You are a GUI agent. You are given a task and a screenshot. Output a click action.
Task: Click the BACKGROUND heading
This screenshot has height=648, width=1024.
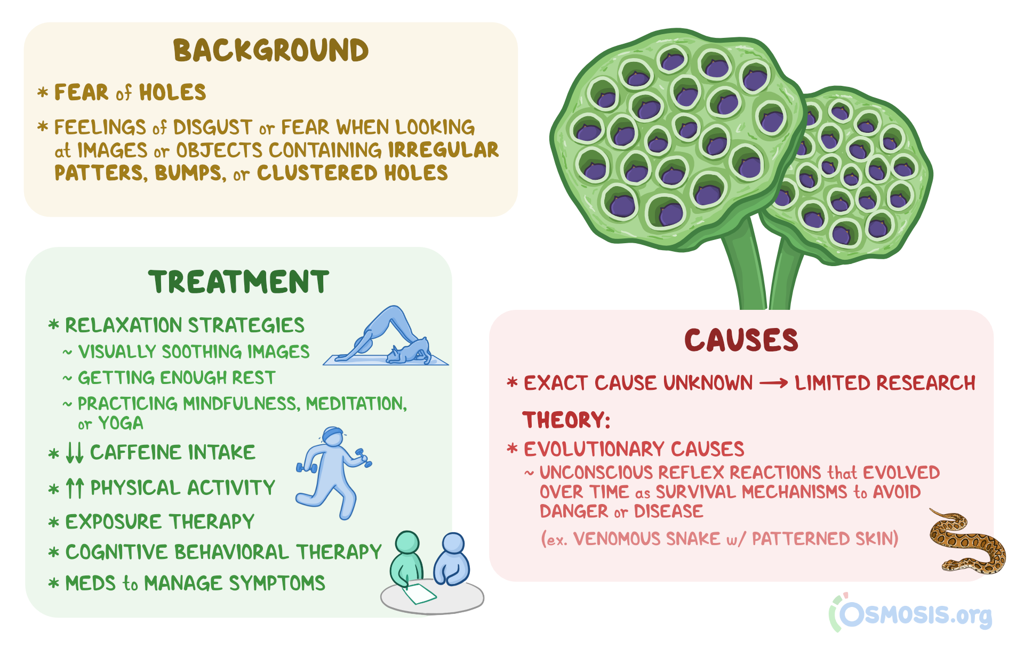coord(271,51)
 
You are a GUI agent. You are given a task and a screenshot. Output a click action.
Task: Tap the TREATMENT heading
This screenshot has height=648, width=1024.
coord(239,282)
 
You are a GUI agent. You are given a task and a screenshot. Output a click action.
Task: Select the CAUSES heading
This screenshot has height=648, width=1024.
coord(741,340)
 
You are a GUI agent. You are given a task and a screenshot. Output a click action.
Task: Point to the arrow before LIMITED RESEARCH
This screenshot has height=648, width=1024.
coord(774,383)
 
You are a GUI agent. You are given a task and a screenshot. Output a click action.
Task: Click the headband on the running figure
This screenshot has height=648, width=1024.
coord(333,432)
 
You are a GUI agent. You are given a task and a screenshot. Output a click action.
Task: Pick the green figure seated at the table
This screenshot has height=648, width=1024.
coord(406,560)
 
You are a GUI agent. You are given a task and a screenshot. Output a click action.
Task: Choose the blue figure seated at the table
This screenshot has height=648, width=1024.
coord(452,560)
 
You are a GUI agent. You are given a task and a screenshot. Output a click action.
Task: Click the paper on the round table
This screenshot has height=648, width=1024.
coord(419,593)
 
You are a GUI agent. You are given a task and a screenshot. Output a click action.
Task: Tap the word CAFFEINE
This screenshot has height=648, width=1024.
coord(136,452)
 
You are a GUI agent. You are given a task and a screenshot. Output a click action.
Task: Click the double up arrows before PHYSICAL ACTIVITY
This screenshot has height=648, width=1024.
coord(75,488)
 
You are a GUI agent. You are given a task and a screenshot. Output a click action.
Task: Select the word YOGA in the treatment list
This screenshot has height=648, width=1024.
coord(121,423)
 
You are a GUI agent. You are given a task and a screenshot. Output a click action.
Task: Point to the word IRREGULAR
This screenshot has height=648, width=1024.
coord(443,150)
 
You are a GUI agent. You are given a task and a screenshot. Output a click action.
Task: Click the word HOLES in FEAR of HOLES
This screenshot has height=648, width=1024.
coord(173,93)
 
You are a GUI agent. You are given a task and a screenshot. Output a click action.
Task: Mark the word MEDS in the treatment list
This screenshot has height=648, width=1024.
coord(91,583)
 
